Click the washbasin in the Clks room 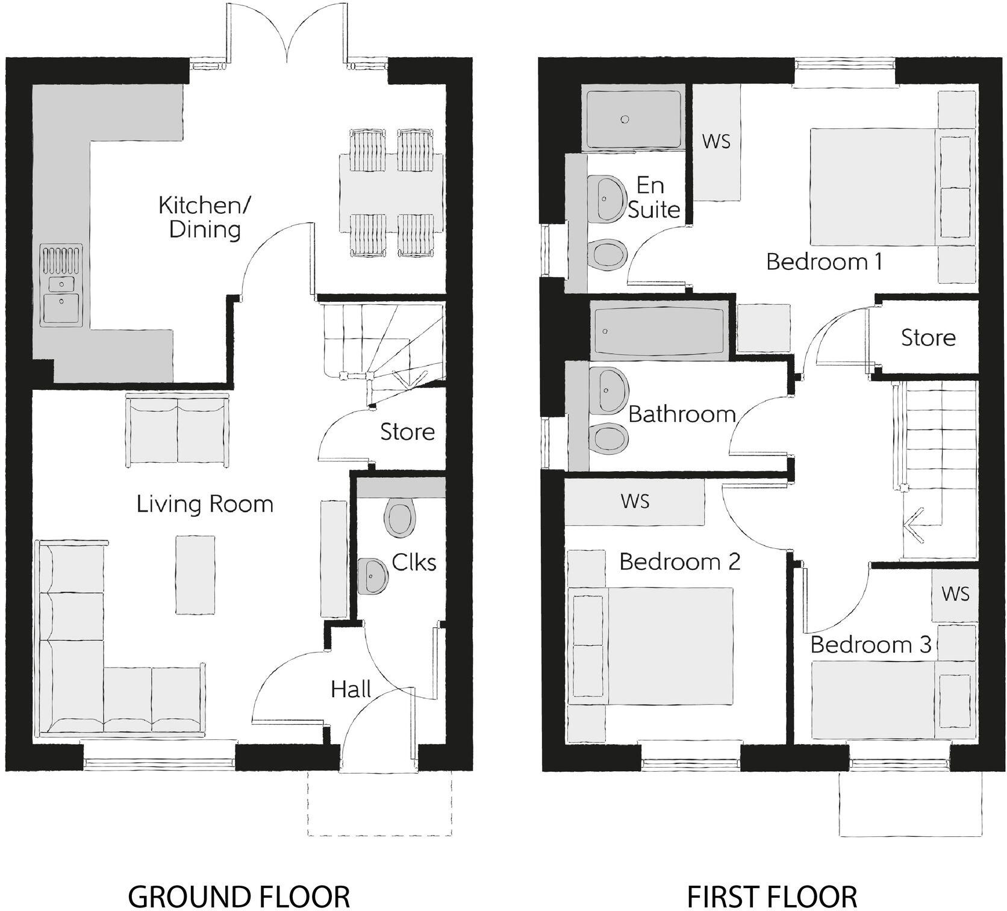373,577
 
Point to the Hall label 351,689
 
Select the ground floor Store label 407,432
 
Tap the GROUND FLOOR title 239,896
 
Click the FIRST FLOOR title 772,896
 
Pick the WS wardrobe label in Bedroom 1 716,141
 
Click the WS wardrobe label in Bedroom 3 955,594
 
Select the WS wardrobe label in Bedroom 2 635,501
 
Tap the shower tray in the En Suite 633,119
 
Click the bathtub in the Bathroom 659,331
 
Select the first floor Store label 927,338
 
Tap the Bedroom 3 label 870,645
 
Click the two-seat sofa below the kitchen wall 177,430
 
